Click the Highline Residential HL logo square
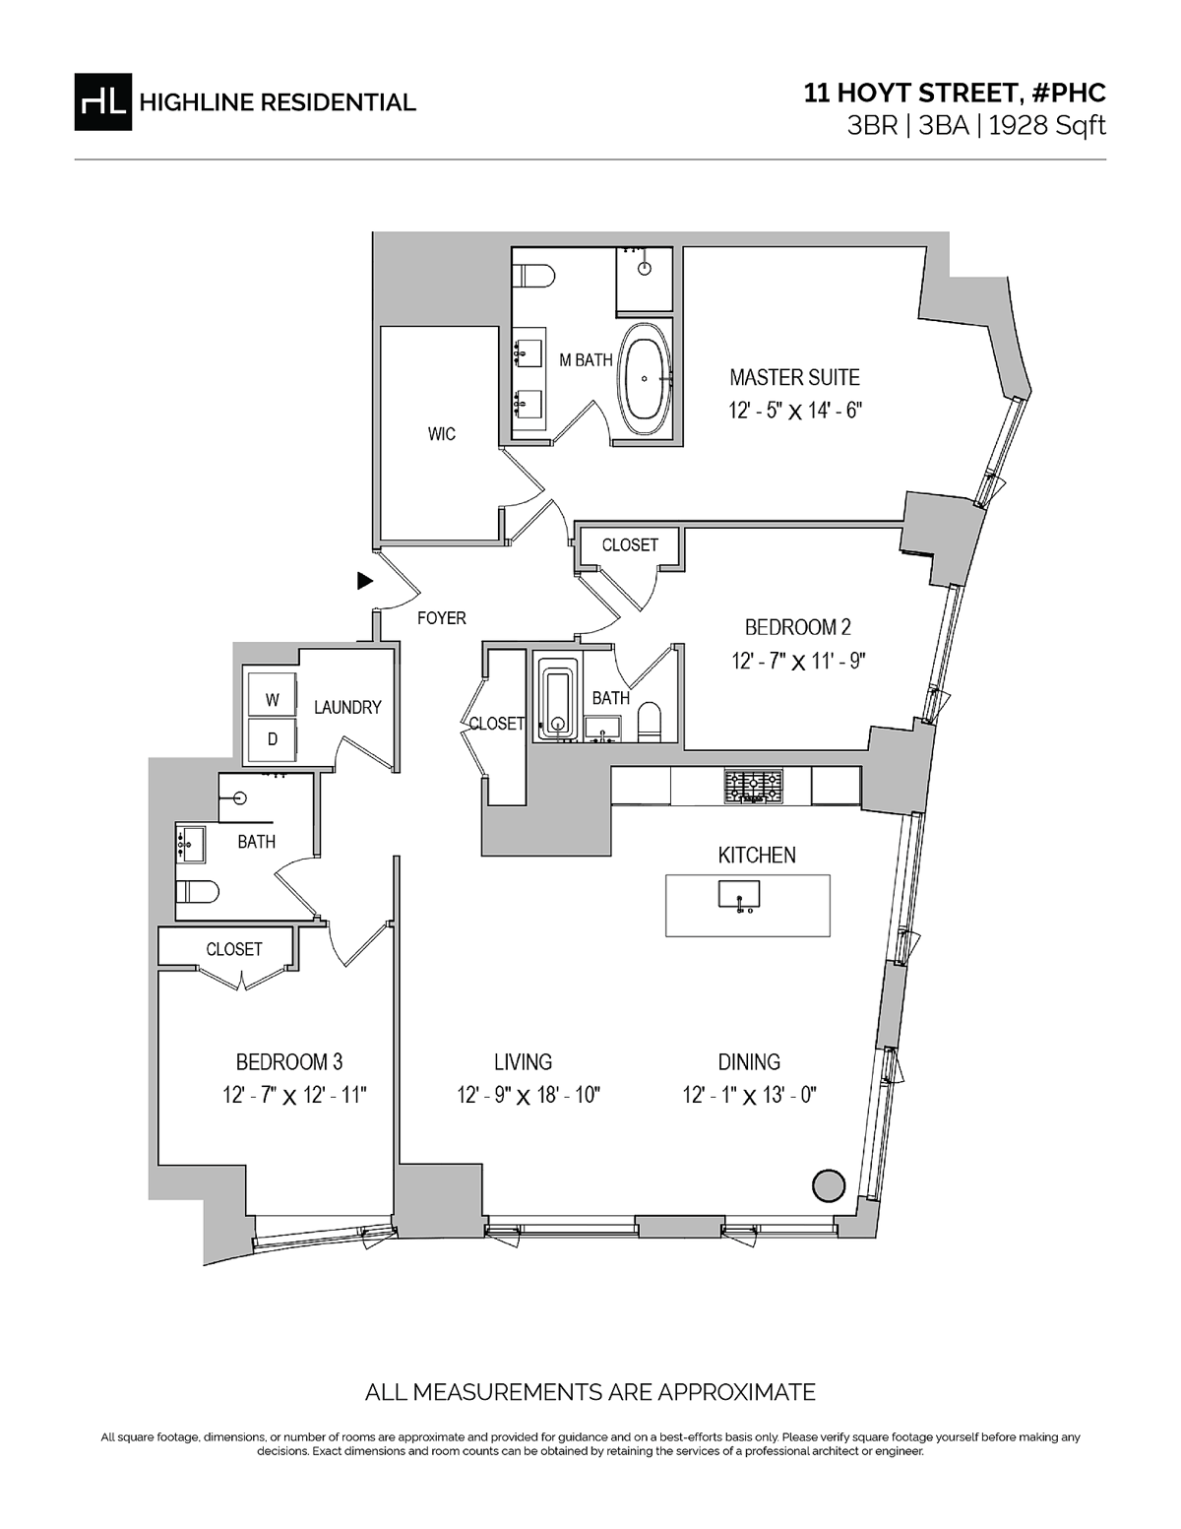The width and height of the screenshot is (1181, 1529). click(x=102, y=102)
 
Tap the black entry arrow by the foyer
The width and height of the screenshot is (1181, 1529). click(x=364, y=581)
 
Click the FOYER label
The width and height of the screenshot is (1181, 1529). click(x=442, y=617)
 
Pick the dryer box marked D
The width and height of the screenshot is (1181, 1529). click(x=272, y=739)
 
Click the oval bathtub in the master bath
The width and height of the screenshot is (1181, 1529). click(x=645, y=379)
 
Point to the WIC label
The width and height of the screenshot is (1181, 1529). click(x=442, y=434)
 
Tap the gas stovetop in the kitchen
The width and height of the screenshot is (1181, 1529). click(x=753, y=786)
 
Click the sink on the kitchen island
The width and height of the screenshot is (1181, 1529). click(x=738, y=896)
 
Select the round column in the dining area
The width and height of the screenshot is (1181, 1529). click(x=829, y=1185)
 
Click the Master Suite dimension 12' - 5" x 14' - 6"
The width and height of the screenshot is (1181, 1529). click(x=795, y=411)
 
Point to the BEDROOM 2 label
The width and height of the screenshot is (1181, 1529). click(x=797, y=627)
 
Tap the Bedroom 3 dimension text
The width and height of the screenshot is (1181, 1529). click(x=295, y=1096)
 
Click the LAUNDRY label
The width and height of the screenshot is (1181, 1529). click(x=347, y=707)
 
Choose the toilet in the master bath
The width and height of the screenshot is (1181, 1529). click(x=533, y=275)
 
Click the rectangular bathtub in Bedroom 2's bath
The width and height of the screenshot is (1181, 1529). click(x=558, y=705)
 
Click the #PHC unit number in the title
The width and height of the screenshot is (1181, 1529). click(x=1069, y=93)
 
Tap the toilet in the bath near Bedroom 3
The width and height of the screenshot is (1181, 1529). click(x=198, y=892)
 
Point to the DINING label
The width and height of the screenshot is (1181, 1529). click(x=749, y=1061)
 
